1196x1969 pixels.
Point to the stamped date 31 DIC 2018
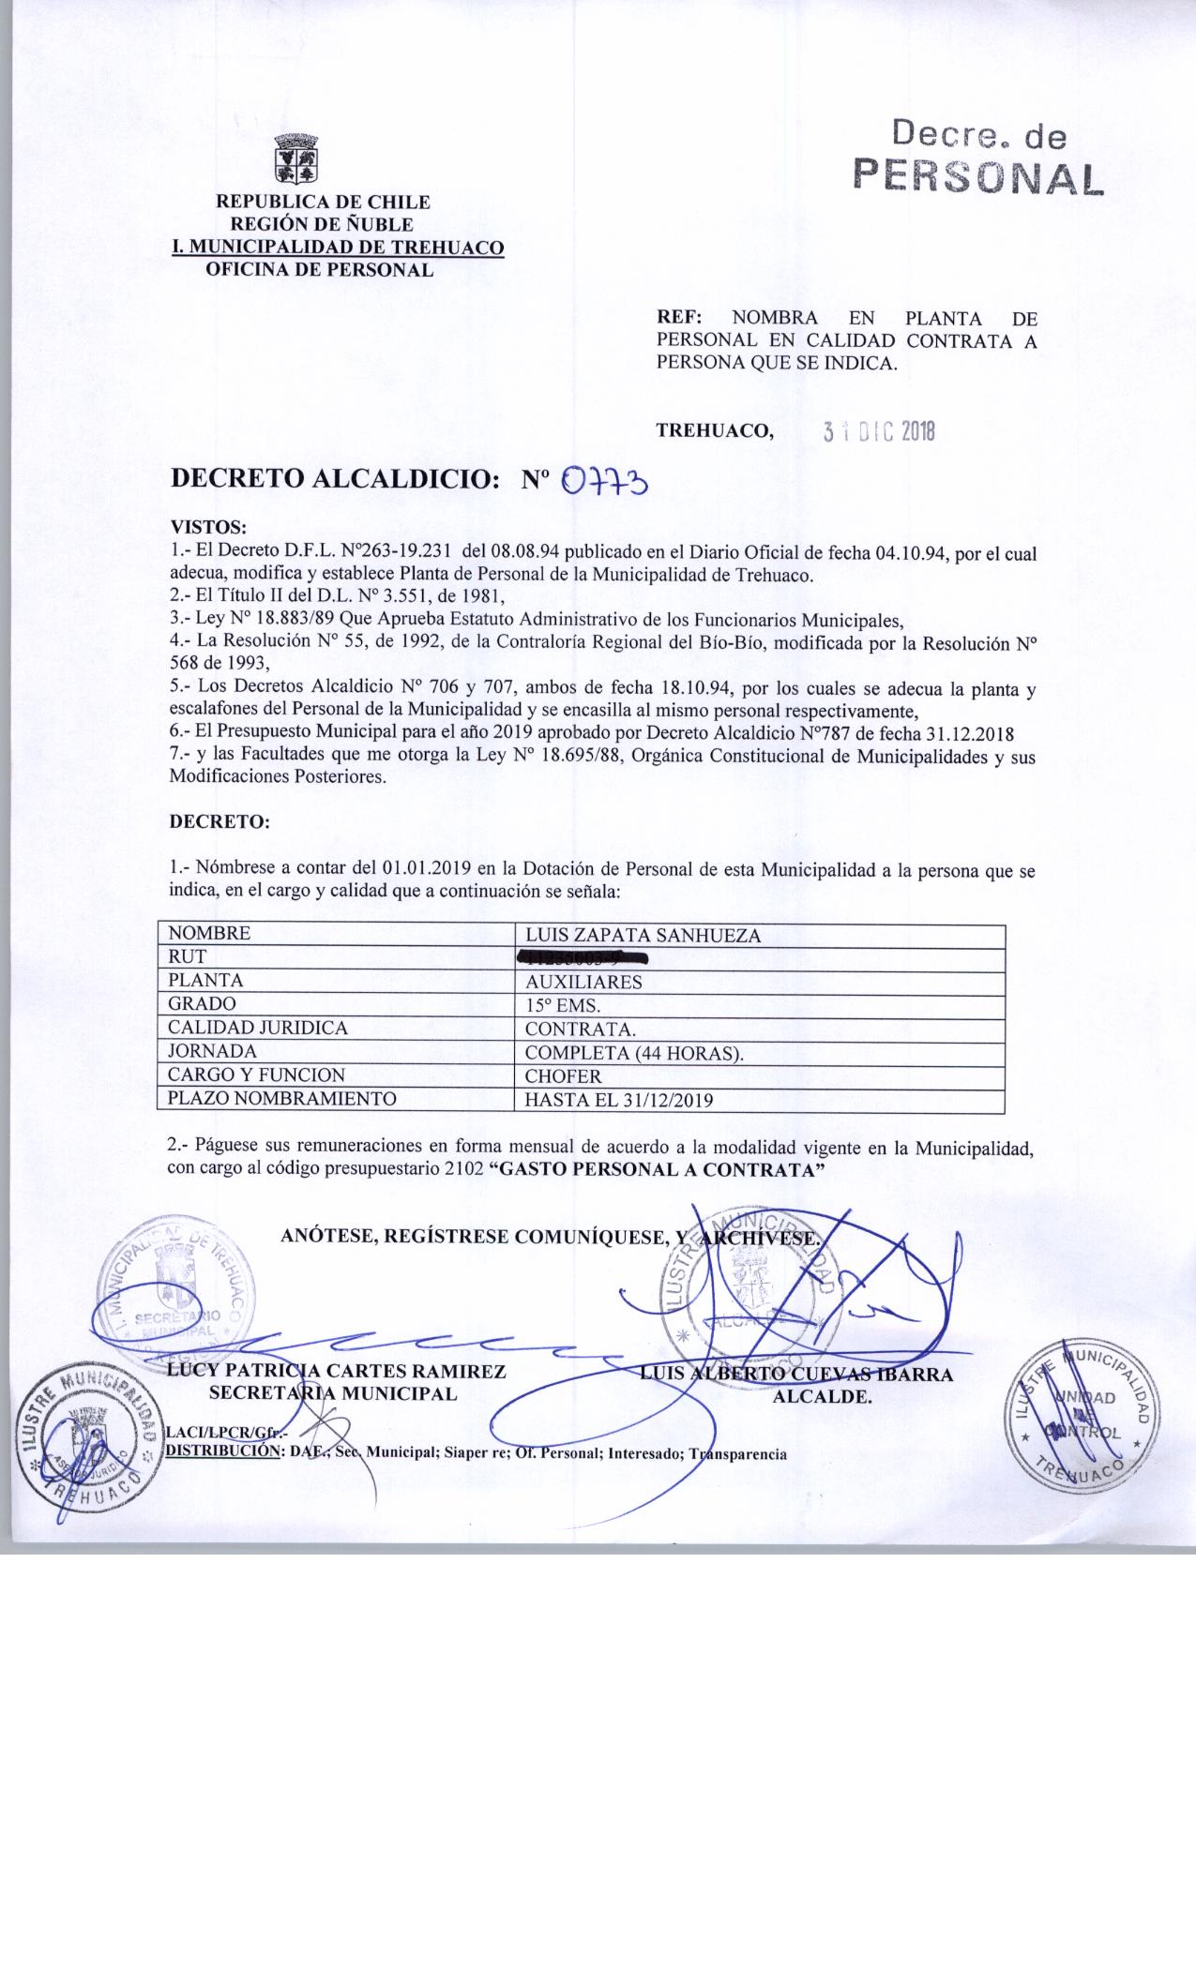tap(879, 431)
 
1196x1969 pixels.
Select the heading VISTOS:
tap(207, 527)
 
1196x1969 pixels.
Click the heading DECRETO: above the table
tap(219, 822)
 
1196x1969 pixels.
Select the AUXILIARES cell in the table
tap(583, 982)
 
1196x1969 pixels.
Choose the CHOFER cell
tap(563, 1075)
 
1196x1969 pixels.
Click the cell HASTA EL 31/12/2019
tap(619, 1100)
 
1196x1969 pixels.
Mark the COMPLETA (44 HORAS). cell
tap(634, 1052)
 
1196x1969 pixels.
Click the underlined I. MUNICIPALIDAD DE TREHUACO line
tap(337, 248)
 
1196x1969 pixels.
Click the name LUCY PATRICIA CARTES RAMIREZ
tap(337, 1372)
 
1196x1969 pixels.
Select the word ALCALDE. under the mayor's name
tap(822, 1396)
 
